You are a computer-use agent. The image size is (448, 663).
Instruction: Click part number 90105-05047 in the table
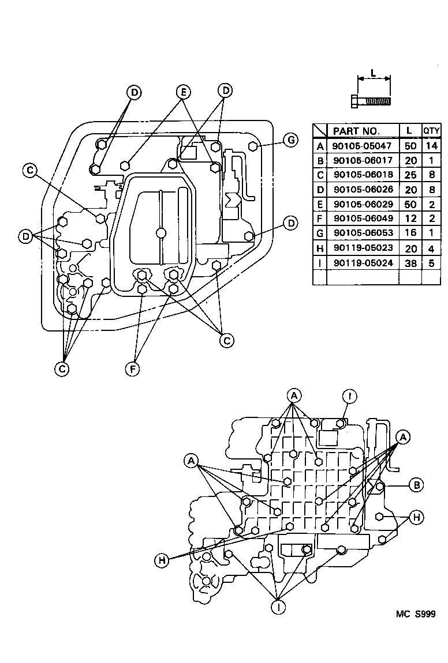[362, 146]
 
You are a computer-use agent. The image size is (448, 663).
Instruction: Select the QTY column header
[431, 131]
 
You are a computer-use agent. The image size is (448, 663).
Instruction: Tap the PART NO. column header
[356, 131]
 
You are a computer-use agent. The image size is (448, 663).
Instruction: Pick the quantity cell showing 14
[431, 146]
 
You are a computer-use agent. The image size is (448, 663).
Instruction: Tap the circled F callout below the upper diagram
[133, 368]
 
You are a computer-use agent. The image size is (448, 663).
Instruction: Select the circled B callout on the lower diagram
[416, 485]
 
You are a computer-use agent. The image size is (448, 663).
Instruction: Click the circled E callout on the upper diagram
[183, 92]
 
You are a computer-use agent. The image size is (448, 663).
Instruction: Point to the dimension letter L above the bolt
[374, 73]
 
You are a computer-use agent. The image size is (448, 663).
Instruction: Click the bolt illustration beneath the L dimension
[371, 101]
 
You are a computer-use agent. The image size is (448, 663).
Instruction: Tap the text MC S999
[415, 615]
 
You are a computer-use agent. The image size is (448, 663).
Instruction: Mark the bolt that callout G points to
[252, 146]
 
